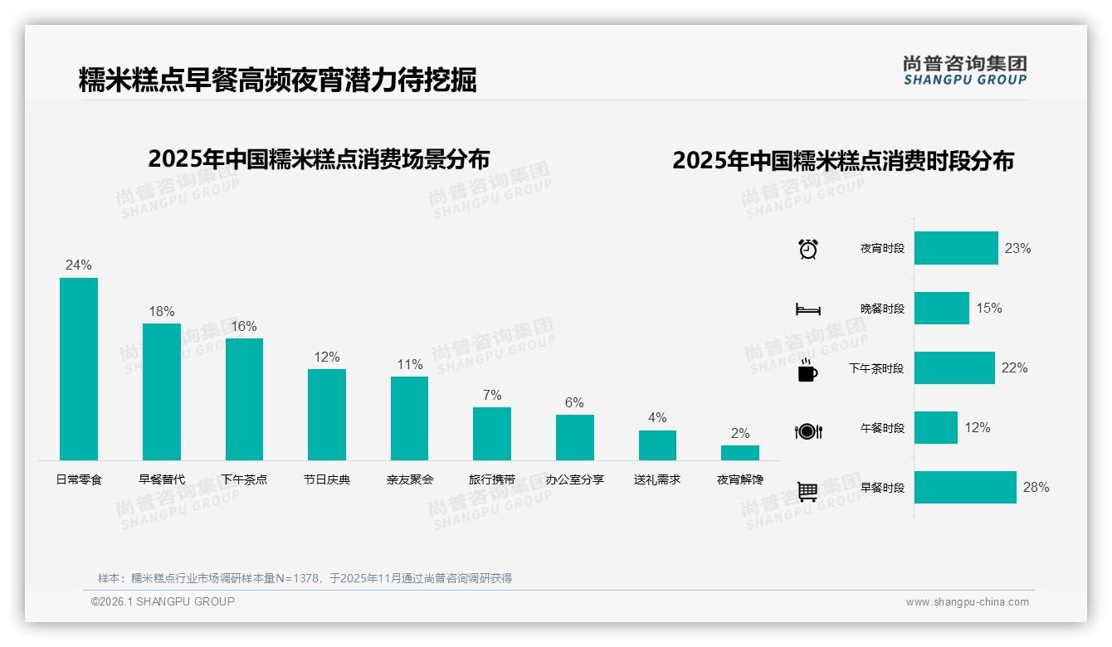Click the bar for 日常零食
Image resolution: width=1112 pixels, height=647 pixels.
pos(79,369)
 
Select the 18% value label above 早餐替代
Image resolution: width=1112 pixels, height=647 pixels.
pos(162,312)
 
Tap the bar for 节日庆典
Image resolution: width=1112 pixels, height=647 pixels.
pos(326,415)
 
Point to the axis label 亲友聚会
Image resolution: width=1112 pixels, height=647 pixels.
pos(410,479)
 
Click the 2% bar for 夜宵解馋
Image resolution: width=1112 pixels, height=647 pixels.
pos(739,453)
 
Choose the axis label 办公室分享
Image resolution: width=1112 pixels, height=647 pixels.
pos(574,479)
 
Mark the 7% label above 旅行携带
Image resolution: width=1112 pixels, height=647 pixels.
pos(492,396)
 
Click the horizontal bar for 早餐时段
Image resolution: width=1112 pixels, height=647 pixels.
pos(965,487)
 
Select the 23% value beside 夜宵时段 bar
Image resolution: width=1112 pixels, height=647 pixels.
pos(1017,248)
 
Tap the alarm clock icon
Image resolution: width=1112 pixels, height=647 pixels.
pos(807,249)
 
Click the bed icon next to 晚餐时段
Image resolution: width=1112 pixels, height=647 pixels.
pos(807,309)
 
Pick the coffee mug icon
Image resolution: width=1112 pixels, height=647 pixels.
pos(807,371)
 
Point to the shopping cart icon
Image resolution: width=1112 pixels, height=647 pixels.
pos(807,492)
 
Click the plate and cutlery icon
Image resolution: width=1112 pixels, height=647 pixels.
pos(807,431)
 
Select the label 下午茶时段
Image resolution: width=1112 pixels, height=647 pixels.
pos(875,368)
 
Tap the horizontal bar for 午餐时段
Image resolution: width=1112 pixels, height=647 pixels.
pos(935,427)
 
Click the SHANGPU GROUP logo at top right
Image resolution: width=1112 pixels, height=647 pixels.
pos(964,71)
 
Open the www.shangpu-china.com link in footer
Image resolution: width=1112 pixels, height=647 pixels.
pos(967,602)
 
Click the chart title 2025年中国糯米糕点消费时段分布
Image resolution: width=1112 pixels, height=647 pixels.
pos(843,160)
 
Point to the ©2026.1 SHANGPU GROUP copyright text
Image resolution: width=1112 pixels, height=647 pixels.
pos(163,601)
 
